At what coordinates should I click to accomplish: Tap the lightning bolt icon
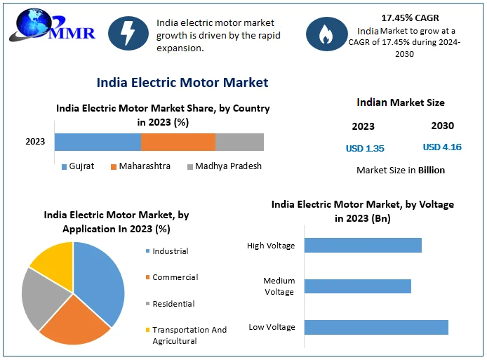128,32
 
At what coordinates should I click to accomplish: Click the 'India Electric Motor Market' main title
182,83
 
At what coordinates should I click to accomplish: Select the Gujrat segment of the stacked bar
98,142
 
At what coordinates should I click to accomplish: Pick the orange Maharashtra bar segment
178,142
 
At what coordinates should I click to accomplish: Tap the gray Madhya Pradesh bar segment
239,142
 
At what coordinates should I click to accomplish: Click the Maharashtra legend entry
140,166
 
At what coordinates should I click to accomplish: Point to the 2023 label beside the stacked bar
35,142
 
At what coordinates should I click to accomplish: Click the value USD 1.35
365,148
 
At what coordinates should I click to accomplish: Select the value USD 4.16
442,147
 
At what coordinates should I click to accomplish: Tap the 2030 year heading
442,126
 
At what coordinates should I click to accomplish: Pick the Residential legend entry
173,304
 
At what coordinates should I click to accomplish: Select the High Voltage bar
363,245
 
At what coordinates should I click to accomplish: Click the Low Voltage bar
376,327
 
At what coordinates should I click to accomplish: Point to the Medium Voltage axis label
279,286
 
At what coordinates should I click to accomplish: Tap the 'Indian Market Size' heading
401,102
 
